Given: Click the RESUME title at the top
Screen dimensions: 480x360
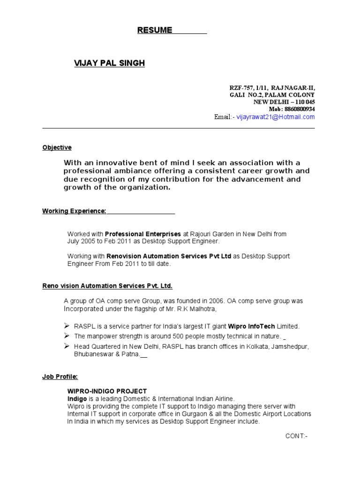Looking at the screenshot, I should coord(155,30).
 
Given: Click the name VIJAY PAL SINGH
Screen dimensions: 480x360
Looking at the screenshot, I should coord(109,63).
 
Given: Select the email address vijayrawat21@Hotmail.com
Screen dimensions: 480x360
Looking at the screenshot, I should coord(276,117).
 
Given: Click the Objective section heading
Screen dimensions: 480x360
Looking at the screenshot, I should coord(57,147).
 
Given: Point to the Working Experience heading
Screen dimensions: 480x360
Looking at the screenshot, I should coord(75,211).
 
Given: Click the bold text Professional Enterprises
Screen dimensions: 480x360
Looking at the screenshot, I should coord(143,233).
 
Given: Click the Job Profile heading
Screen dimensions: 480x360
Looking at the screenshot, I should coord(60,376).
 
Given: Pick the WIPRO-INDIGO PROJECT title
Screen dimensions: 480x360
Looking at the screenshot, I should coord(107,391).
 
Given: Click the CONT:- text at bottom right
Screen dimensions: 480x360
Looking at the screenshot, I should coord(296,436).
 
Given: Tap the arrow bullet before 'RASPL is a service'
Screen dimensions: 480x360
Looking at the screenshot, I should coord(67,326).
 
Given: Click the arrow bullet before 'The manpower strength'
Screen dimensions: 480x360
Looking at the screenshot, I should coord(67,336).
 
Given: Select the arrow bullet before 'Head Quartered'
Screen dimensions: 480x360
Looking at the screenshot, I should coord(67,346).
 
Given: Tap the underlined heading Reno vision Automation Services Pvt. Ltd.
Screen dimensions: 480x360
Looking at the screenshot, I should coord(111,285).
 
